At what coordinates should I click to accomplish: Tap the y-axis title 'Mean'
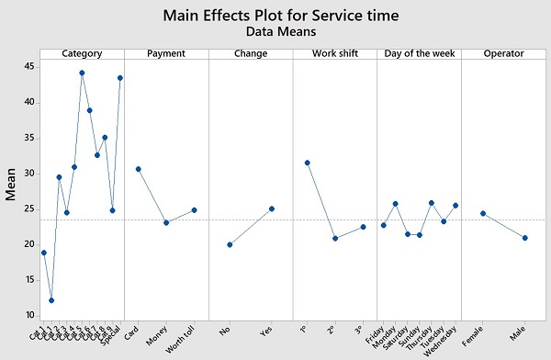[x=12, y=184]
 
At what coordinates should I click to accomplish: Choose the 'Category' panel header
[x=82, y=53]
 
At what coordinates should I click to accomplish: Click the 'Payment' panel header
[x=166, y=53]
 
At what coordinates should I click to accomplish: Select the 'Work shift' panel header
[x=335, y=53]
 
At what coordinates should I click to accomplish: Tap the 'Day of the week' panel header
[x=420, y=53]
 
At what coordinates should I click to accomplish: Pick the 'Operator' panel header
[x=504, y=53]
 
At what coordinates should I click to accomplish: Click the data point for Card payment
[x=139, y=169]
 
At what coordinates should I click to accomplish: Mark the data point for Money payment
[x=166, y=222]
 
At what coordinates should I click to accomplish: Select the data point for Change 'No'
[x=230, y=244]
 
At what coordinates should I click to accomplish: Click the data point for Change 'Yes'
[x=272, y=208]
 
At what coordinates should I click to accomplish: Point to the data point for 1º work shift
[x=307, y=163]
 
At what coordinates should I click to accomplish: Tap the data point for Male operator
[x=525, y=238]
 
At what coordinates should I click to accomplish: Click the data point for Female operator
[x=483, y=213]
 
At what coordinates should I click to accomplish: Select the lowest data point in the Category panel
[x=51, y=300]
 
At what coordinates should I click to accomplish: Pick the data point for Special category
[x=119, y=78]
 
